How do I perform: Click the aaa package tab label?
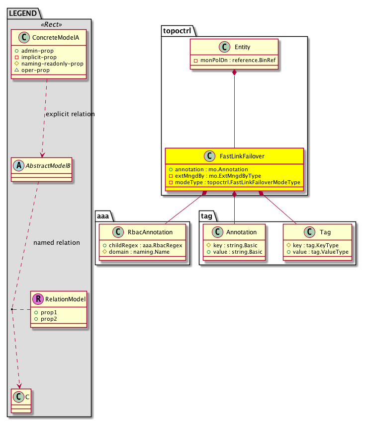(x=104, y=215)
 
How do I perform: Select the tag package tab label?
(x=208, y=215)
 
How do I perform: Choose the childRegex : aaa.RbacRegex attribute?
(x=143, y=245)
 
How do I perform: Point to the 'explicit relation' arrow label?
(x=70, y=114)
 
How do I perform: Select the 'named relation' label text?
(x=56, y=243)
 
